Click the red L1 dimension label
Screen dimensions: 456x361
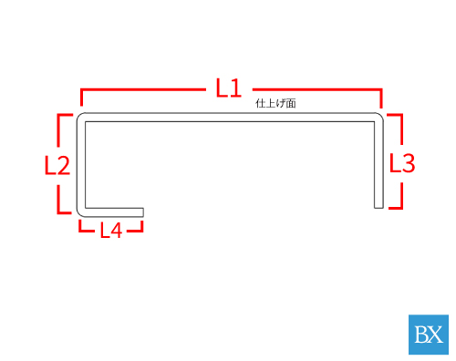(229, 88)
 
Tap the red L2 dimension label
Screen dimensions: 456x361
(57, 165)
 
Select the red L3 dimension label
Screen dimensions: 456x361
(402, 163)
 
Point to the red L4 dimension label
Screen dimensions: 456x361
(111, 230)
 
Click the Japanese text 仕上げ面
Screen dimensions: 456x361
(275, 103)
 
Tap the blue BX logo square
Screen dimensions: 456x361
(429, 335)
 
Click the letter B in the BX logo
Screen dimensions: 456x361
(421, 335)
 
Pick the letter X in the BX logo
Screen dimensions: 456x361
(436, 335)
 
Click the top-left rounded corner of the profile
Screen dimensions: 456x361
(80, 117)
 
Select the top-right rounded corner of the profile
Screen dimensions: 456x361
(379, 117)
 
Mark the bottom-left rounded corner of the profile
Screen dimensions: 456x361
(80, 213)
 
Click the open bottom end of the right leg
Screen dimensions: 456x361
(378, 208)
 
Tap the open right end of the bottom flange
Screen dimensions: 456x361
(143, 212)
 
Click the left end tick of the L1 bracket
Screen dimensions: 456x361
(81, 98)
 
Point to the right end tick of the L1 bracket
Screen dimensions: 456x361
(381, 98)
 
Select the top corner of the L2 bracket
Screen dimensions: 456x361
(58, 115)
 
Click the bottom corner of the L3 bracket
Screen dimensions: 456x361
(401, 208)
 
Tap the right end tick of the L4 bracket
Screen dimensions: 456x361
(141, 226)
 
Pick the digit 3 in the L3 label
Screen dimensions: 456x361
(409, 163)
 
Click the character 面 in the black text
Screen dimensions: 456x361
(291, 103)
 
